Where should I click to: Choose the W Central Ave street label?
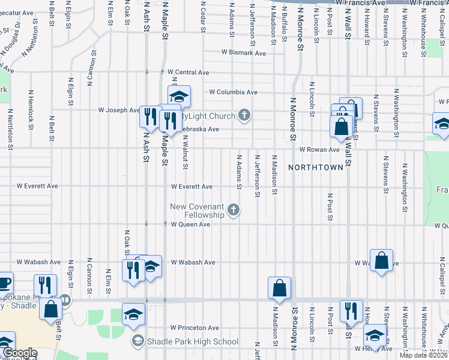[188, 72]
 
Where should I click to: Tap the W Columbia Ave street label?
[233, 92]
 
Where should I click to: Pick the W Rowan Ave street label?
[320, 149]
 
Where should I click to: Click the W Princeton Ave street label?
[194, 328]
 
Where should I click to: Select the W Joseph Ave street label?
[119, 110]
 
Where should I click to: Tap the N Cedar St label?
[203, 15]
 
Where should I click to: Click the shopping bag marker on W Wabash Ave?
[381, 260]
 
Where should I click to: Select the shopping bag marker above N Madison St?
[279, 287]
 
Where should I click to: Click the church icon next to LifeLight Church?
[244, 115]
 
